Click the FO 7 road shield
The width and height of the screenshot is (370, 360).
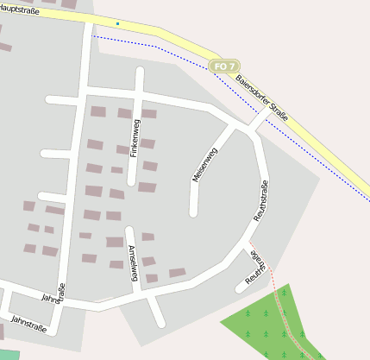224,66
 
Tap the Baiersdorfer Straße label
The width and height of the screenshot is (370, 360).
261,97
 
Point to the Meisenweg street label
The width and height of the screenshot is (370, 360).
204,164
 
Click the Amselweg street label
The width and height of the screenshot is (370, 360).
133,263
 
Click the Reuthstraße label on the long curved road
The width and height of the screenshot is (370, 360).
260,200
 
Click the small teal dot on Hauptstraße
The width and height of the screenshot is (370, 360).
117,23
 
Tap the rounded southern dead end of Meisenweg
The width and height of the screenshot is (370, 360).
193,212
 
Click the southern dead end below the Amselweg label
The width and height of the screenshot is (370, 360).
160,323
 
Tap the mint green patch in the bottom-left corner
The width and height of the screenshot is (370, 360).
8,355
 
